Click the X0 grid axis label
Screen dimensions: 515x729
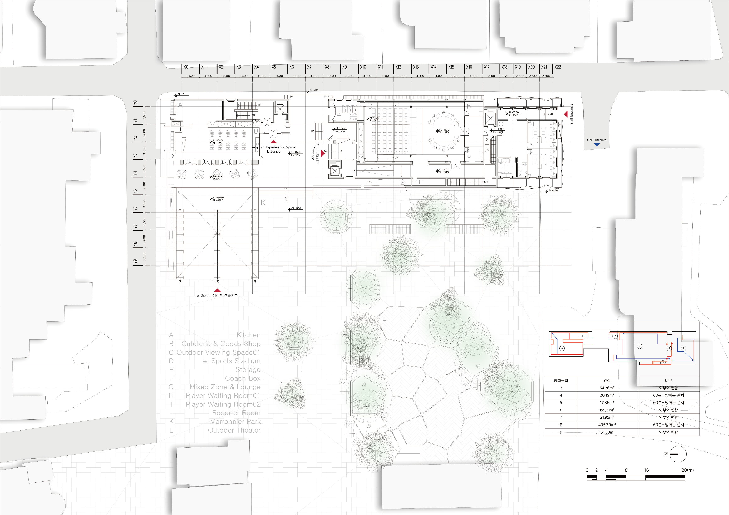(186, 67)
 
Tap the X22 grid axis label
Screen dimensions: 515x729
(558, 67)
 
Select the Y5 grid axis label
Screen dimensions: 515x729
(135, 191)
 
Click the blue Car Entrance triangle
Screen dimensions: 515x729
(597, 144)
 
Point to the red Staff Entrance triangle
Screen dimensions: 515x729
(566, 114)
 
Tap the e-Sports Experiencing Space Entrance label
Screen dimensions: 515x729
(273, 149)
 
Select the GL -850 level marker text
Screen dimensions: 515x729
(553, 190)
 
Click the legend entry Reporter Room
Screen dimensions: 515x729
(236, 413)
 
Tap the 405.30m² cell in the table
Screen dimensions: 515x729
(607, 424)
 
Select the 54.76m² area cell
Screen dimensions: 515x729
(607, 388)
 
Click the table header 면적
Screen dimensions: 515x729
(607, 380)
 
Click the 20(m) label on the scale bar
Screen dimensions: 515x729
(687, 470)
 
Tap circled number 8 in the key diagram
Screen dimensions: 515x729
(639, 346)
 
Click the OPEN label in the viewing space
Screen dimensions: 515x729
(217, 234)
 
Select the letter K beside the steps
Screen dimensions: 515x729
(263, 202)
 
